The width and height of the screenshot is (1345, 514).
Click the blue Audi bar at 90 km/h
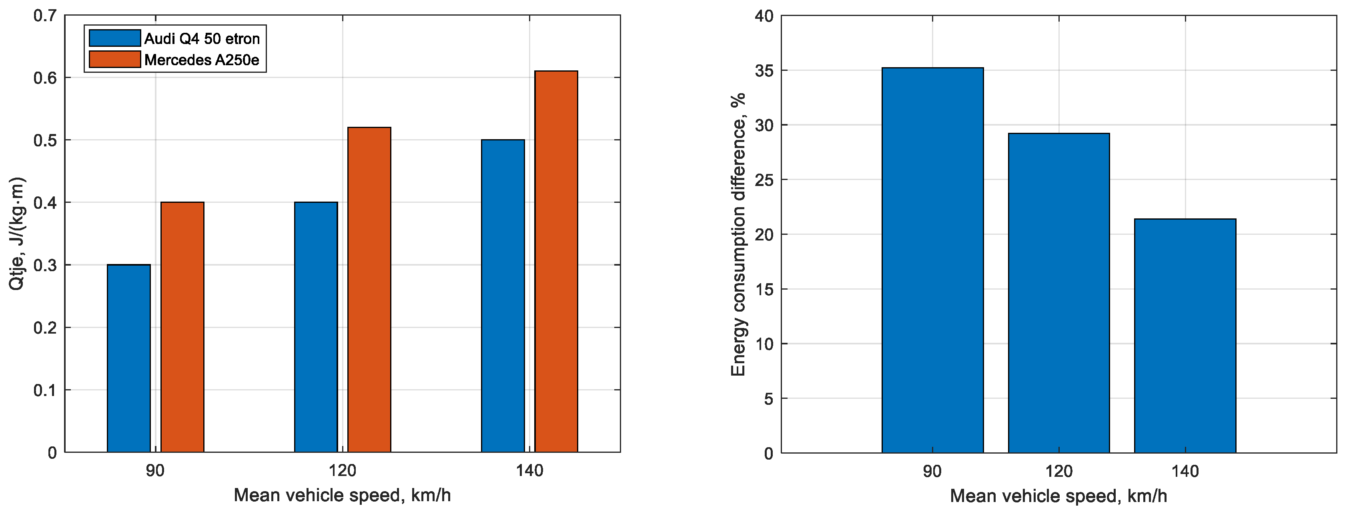(x=128, y=358)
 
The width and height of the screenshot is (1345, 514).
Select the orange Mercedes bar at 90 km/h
(x=182, y=327)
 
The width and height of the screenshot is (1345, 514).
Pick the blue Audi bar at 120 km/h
(x=316, y=327)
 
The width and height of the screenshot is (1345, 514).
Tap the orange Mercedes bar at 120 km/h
(x=369, y=290)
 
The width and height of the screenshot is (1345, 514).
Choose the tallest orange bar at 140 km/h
(x=556, y=261)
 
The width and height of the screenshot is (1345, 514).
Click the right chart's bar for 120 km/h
(x=1059, y=293)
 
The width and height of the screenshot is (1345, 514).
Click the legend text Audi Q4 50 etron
(x=202, y=39)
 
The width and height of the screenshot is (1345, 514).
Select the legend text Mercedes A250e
(x=202, y=60)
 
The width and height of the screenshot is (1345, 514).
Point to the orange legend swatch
(x=115, y=60)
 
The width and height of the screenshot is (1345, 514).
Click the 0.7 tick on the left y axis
(x=46, y=16)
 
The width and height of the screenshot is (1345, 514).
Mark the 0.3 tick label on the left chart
(x=46, y=265)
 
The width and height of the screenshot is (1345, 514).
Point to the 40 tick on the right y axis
(x=764, y=16)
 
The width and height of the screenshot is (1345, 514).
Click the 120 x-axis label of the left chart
(x=343, y=471)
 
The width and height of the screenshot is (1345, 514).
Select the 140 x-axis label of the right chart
(x=1185, y=471)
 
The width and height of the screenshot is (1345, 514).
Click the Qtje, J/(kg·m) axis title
(x=17, y=234)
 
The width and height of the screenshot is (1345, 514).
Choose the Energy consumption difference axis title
(x=738, y=234)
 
